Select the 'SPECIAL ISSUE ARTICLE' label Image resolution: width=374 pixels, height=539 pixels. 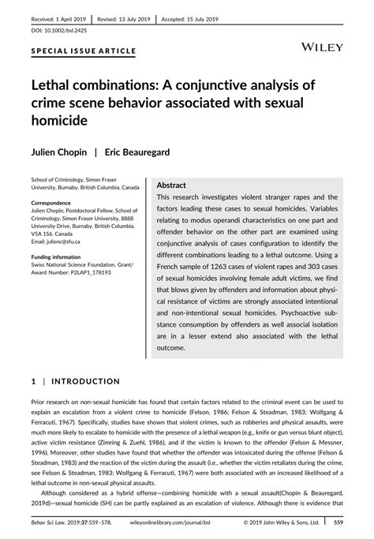(83, 51)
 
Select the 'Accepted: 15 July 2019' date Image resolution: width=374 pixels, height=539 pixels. (193, 17)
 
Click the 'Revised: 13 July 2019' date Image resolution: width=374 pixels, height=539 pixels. (123, 17)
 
